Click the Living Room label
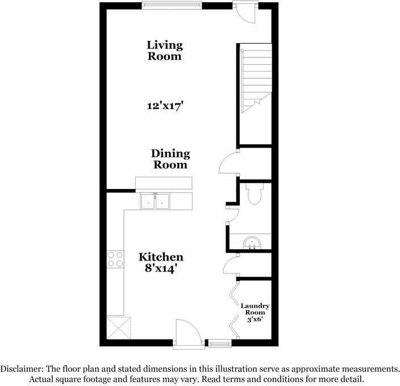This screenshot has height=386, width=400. [x=165, y=51]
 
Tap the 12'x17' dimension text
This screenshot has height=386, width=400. [x=165, y=106]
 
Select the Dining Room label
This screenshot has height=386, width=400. [x=170, y=159]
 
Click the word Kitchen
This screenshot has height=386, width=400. [x=161, y=257]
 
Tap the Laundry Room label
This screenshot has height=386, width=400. [x=255, y=309]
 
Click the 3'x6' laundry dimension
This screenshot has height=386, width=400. [x=255, y=319]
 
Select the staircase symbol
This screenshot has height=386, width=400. [x=255, y=79]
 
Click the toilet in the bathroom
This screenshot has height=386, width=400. [x=255, y=195]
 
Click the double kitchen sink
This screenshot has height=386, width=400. [x=155, y=201]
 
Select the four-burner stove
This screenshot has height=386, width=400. [x=115, y=259]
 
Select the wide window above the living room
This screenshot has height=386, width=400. [x=172, y=6]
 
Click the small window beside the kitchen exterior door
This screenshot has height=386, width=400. [x=218, y=342]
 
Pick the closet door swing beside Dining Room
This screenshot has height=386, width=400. [x=228, y=162]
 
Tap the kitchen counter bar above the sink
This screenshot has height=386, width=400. [x=164, y=183]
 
